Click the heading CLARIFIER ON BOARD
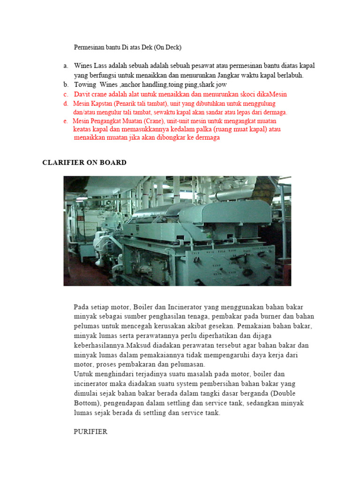pyautogui.click(x=84, y=163)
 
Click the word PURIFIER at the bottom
pyautogui.click(x=90, y=432)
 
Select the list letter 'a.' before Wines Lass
pyautogui.click(x=66, y=66)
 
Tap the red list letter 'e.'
pyautogui.click(x=66, y=121)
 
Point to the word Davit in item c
pyautogui.click(x=83, y=94)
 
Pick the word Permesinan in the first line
pyautogui.click(x=91, y=47)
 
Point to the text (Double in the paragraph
pyautogui.click(x=283, y=393)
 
